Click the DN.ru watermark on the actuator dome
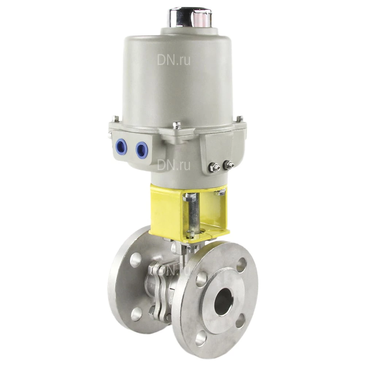coord(174,60)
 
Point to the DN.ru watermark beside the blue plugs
coord(174,165)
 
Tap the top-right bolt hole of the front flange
coord(241,265)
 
